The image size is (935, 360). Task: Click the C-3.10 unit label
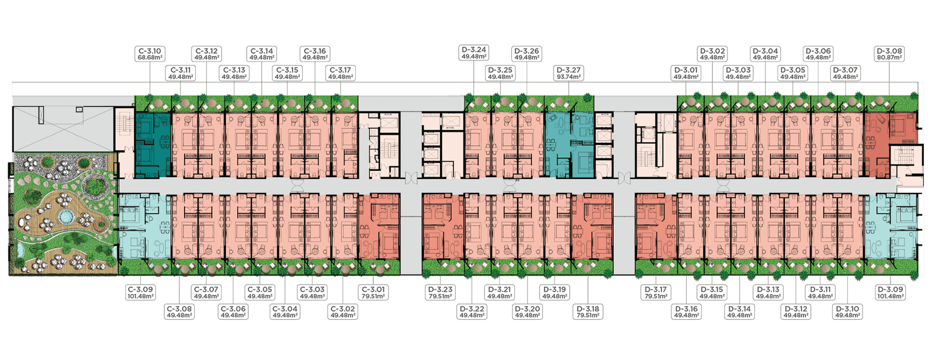pyautogui.click(x=149, y=54)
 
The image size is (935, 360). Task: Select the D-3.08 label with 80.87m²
pyautogui.click(x=890, y=54)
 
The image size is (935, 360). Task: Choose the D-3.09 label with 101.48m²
pyautogui.click(x=890, y=292)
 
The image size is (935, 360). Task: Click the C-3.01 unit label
pyautogui.click(x=372, y=292)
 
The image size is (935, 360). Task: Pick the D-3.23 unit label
pyautogui.click(x=440, y=292)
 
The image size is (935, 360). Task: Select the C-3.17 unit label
pyautogui.click(x=340, y=73)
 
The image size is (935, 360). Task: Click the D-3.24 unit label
pyautogui.click(x=473, y=53)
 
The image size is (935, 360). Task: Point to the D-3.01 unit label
pyautogui.click(x=685, y=73)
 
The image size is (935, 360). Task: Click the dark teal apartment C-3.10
pyautogui.click(x=153, y=145)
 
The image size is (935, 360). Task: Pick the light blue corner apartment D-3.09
pyautogui.click(x=888, y=228)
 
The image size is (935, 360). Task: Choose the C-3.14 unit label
pyautogui.click(x=261, y=54)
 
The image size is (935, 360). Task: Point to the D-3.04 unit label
pyautogui.click(x=765, y=54)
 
